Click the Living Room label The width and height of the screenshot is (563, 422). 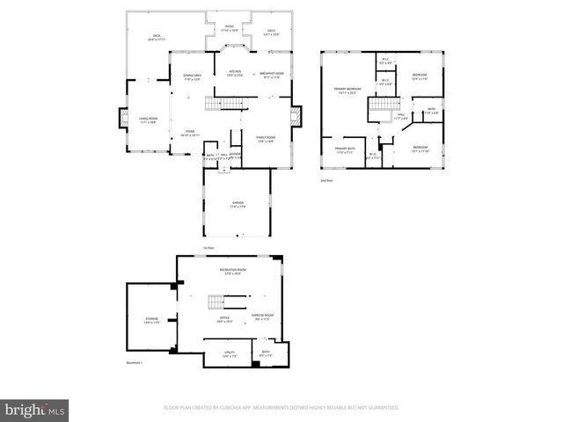(x=148, y=120)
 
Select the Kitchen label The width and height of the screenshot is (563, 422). (x=235, y=74)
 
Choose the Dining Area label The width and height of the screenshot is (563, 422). (x=192, y=77)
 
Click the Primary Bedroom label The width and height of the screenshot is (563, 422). (x=346, y=91)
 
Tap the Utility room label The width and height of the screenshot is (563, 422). (x=229, y=354)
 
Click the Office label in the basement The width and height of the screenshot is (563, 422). (x=224, y=319)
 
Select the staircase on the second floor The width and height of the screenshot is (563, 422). (x=379, y=106)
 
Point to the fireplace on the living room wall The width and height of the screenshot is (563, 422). (x=121, y=117)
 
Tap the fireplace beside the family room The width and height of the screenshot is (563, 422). (x=297, y=115)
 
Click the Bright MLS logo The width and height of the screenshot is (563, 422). (x=35, y=409)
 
